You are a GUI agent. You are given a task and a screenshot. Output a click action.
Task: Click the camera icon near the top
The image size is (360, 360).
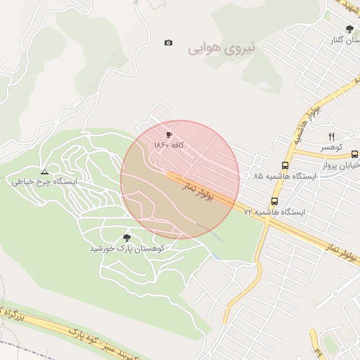pos(168,43)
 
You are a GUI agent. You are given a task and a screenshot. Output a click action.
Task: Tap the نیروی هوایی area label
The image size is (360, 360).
pos(224,49)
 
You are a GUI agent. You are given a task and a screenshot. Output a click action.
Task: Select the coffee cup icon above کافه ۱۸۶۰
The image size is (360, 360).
pos(169,134)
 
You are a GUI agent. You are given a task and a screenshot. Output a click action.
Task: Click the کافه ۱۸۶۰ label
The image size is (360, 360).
pos(169,144)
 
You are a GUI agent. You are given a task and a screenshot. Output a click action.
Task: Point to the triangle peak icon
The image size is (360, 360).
pos(44,171)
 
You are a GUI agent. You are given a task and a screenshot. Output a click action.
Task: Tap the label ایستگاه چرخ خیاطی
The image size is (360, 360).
pos(44,181)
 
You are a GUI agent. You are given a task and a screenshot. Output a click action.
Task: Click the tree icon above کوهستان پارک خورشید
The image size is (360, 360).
pos(127,238)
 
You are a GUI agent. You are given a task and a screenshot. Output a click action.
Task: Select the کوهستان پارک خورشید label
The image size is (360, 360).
pos(127,249)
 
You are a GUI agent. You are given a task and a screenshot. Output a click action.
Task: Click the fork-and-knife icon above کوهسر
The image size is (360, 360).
pos(331,136)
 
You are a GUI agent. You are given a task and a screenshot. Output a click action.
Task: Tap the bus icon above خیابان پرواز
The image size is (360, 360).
pos(354,154)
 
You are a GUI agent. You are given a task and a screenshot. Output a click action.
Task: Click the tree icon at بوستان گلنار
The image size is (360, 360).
pos(349,29)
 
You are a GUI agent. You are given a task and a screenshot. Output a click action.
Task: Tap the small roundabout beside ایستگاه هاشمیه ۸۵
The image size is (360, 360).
pos(245,174)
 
